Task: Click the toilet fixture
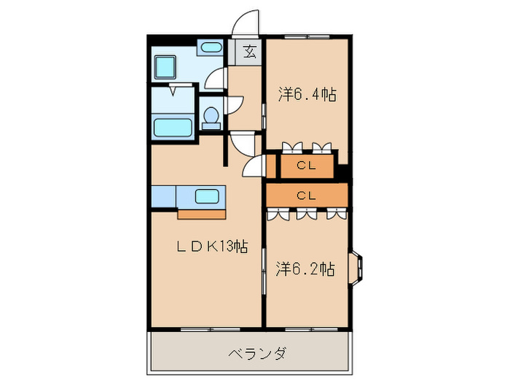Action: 211,117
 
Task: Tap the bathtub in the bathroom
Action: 173,125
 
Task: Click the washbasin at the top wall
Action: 211,48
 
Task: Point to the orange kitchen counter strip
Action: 204,214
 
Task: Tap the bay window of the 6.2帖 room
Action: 359,267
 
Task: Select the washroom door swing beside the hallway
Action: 216,77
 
